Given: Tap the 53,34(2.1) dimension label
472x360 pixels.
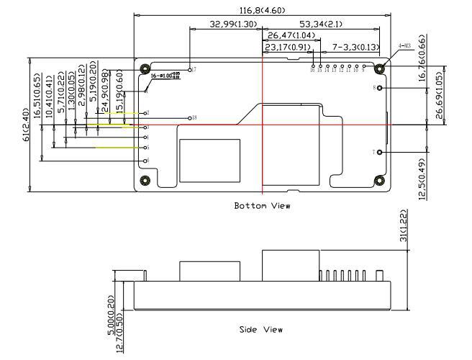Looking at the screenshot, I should pyautogui.click(x=320, y=24).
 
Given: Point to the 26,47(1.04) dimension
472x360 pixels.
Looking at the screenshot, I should pyautogui.click(x=290, y=35).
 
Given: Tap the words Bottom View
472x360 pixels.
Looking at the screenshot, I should pyautogui.click(x=263, y=206).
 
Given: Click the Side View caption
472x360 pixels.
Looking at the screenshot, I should pyautogui.click(x=260, y=330).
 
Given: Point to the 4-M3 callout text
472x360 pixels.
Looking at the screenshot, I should pyautogui.click(x=404, y=47).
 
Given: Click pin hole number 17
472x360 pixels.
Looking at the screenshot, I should pyautogui.click(x=189, y=70).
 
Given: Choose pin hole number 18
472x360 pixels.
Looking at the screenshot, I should pyautogui.click(x=190, y=117).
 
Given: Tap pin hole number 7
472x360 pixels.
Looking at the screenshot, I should pyautogui.click(x=379, y=152).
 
